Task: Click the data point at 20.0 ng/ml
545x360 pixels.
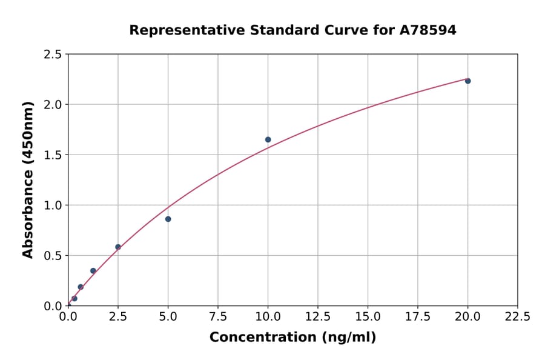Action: point(467,81)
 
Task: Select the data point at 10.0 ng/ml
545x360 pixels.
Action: point(268,139)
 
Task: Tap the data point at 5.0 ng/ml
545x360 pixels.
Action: point(168,219)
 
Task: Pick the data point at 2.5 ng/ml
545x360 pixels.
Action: point(118,247)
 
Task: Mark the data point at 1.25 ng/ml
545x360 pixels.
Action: point(93,271)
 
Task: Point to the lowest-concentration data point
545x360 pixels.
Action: point(74,298)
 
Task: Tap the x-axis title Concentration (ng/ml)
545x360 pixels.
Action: point(292,337)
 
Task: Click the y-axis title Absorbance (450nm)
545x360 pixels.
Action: point(28,179)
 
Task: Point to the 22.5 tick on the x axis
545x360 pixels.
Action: point(517,317)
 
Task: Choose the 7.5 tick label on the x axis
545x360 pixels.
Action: point(218,317)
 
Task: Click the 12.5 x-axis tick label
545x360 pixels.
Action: point(317,317)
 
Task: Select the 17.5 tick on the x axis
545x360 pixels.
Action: point(417,317)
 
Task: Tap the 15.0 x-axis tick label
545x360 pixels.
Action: point(368,317)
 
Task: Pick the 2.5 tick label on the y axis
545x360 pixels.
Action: point(53,55)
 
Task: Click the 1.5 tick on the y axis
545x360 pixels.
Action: point(53,155)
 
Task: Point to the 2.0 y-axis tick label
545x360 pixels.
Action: point(53,105)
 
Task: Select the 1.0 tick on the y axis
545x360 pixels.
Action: point(53,205)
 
